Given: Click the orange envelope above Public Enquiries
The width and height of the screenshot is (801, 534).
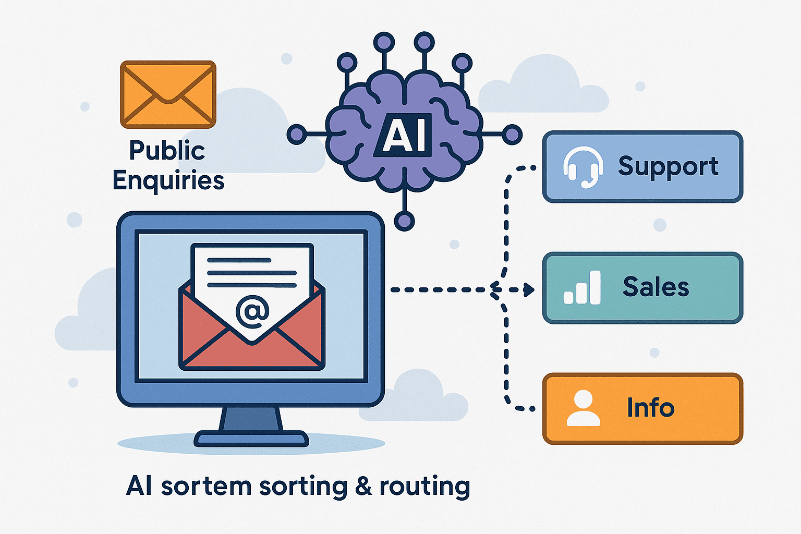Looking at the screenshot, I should point(168,94).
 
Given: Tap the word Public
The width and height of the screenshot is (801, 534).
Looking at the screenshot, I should point(167,151).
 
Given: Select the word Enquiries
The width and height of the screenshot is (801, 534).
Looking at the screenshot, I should point(168,181).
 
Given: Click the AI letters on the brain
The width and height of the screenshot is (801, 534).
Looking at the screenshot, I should point(404,135).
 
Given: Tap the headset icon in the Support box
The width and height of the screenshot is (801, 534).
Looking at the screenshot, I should point(583,167).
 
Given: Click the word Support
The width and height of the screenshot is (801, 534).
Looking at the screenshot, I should point(668,167).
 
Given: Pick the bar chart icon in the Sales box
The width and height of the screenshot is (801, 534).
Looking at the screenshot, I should point(582,288).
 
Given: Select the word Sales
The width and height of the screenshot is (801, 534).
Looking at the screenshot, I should point(656,287).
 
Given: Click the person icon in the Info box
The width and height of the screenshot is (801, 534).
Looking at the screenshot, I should point(583,408).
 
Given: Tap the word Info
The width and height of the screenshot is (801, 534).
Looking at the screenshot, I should point(650,408).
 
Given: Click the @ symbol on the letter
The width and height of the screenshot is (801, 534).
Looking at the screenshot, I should point(252,311).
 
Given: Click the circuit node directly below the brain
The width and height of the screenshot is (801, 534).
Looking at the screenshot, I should point(404,221).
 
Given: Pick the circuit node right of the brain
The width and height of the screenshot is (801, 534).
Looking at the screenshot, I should point(512,135).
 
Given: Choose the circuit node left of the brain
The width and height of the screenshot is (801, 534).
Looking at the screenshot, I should point(297,135).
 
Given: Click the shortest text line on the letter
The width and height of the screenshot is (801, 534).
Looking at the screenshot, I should point(239,260).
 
